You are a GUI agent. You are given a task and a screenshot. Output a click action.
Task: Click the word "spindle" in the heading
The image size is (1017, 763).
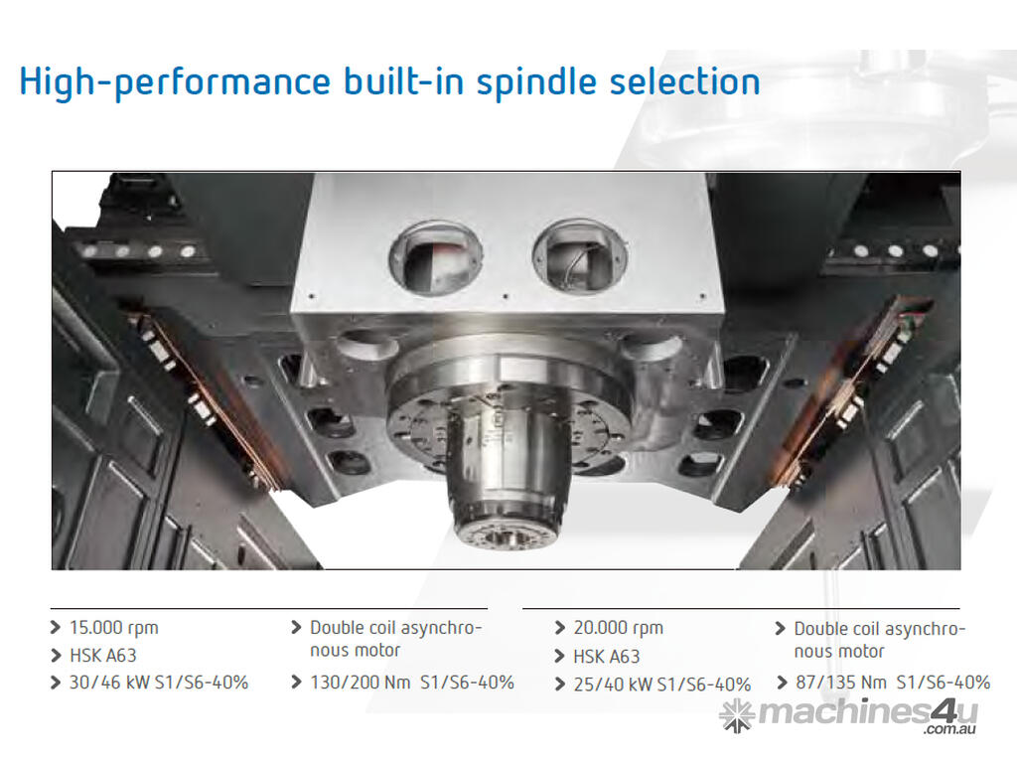coord(536,82)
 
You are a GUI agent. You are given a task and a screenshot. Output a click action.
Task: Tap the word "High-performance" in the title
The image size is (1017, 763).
coord(175,82)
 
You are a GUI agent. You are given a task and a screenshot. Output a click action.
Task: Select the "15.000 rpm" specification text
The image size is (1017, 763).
coord(113,628)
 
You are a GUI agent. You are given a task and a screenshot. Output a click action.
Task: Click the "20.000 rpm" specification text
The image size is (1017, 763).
coord(618,628)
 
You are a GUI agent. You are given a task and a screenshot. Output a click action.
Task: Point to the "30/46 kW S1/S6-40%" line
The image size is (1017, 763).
coord(159,683)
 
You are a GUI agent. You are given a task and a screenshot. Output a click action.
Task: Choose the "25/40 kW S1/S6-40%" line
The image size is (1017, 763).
coord(662,685)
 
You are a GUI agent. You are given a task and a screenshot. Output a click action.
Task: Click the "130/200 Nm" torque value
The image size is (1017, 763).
coord(360,683)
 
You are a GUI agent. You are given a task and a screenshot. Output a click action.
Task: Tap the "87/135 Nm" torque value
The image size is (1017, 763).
coord(840,683)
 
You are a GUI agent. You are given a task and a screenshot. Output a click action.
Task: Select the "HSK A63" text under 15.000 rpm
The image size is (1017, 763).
coord(103,656)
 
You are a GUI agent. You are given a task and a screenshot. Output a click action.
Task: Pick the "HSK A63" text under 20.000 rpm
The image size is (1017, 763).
coord(607,658)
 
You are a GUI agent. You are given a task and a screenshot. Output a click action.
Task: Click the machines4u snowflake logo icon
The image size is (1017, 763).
coord(737,715)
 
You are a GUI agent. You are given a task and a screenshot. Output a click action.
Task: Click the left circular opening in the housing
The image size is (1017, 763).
coord(436,257)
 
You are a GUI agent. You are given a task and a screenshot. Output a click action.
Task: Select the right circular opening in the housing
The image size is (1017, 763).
coord(579,255)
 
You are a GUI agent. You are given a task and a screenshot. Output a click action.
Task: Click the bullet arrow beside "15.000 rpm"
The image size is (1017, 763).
coord(56,628)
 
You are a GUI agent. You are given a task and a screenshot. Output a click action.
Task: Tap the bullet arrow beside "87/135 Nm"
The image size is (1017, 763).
coord(781,683)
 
